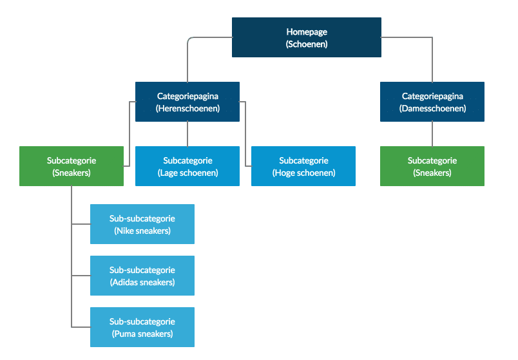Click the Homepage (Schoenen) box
click(x=306, y=37)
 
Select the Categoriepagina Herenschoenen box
click(x=187, y=102)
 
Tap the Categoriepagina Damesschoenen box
click(x=432, y=102)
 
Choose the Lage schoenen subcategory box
click(x=187, y=166)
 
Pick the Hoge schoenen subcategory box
click(x=303, y=166)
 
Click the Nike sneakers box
click(x=142, y=224)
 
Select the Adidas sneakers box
click(x=142, y=276)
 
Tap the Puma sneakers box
click(x=142, y=327)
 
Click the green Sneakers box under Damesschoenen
click(x=432, y=166)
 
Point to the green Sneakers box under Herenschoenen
click(x=72, y=166)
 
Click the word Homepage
click(x=307, y=32)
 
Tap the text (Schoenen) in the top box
click(x=307, y=44)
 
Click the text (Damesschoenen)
click(x=432, y=108)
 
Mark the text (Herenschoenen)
click(x=187, y=108)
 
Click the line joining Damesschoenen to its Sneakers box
click(x=432, y=134)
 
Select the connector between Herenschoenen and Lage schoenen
click(x=187, y=134)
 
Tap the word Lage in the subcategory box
click(x=169, y=173)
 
